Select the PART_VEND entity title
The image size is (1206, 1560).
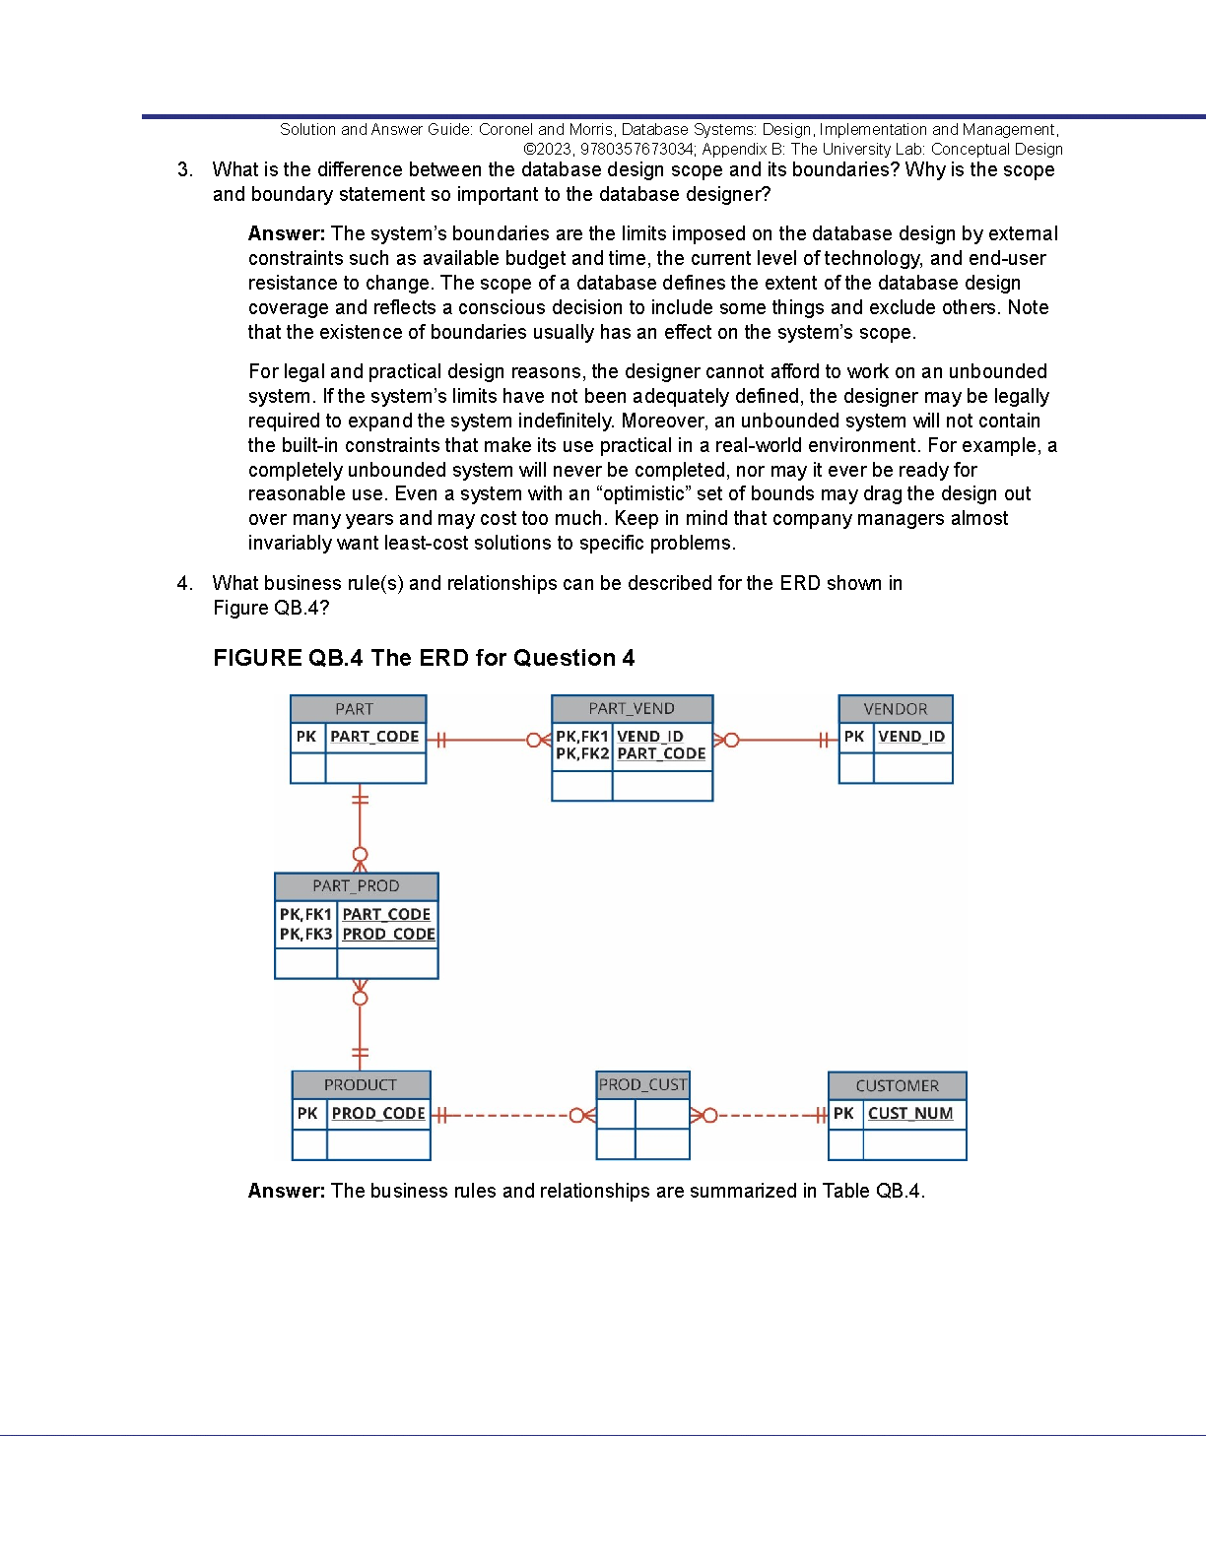pos(632,709)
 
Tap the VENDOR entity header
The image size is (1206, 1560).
pos(895,709)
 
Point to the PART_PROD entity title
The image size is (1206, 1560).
pos(356,886)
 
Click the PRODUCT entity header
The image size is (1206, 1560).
pos(361,1085)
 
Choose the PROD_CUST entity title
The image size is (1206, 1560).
pos(642,1085)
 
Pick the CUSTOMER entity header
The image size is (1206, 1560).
pos(897,1086)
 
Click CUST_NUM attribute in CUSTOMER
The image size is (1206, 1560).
pos(910,1114)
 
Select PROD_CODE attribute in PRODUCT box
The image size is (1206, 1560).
pos(378,1114)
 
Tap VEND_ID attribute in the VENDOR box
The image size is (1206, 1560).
pos(911,737)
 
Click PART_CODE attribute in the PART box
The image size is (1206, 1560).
pos(374,737)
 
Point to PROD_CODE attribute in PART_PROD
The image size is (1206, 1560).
pos(388,935)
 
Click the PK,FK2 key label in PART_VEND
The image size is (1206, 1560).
pos(582,754)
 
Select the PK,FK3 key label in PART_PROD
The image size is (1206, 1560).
pos(305,935)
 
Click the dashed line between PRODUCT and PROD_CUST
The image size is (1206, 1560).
pos(507,1116)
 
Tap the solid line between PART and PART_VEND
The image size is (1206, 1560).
pos(488,740)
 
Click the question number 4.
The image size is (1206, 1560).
pos(184,584)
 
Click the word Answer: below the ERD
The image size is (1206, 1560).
pos(287,1192)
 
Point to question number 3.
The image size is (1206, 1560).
pos(184,170)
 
